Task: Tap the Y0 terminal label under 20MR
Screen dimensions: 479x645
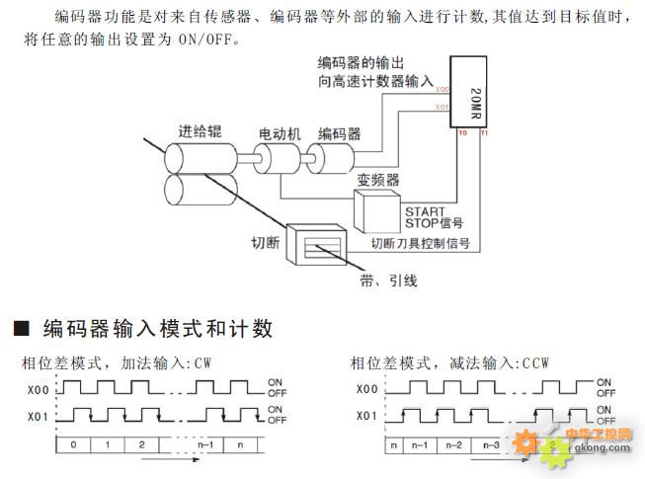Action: point(462,133)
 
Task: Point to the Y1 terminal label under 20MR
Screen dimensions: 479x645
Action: point(482,133)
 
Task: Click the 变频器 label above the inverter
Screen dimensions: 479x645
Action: point(378,181)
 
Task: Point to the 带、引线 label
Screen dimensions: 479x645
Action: point(387,280)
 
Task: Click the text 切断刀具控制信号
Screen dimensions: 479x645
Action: point(420,242)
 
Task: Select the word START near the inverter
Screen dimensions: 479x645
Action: point(425,210)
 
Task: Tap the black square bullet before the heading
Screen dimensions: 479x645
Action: point(20,328)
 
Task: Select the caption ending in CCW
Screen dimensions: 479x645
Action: point(449,363)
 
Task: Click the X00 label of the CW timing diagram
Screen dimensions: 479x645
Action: point(34,389)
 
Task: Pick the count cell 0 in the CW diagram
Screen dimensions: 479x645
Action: point(71,445)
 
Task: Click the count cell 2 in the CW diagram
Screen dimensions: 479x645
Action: point(141,445)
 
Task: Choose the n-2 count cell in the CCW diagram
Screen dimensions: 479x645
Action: point(454,445)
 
